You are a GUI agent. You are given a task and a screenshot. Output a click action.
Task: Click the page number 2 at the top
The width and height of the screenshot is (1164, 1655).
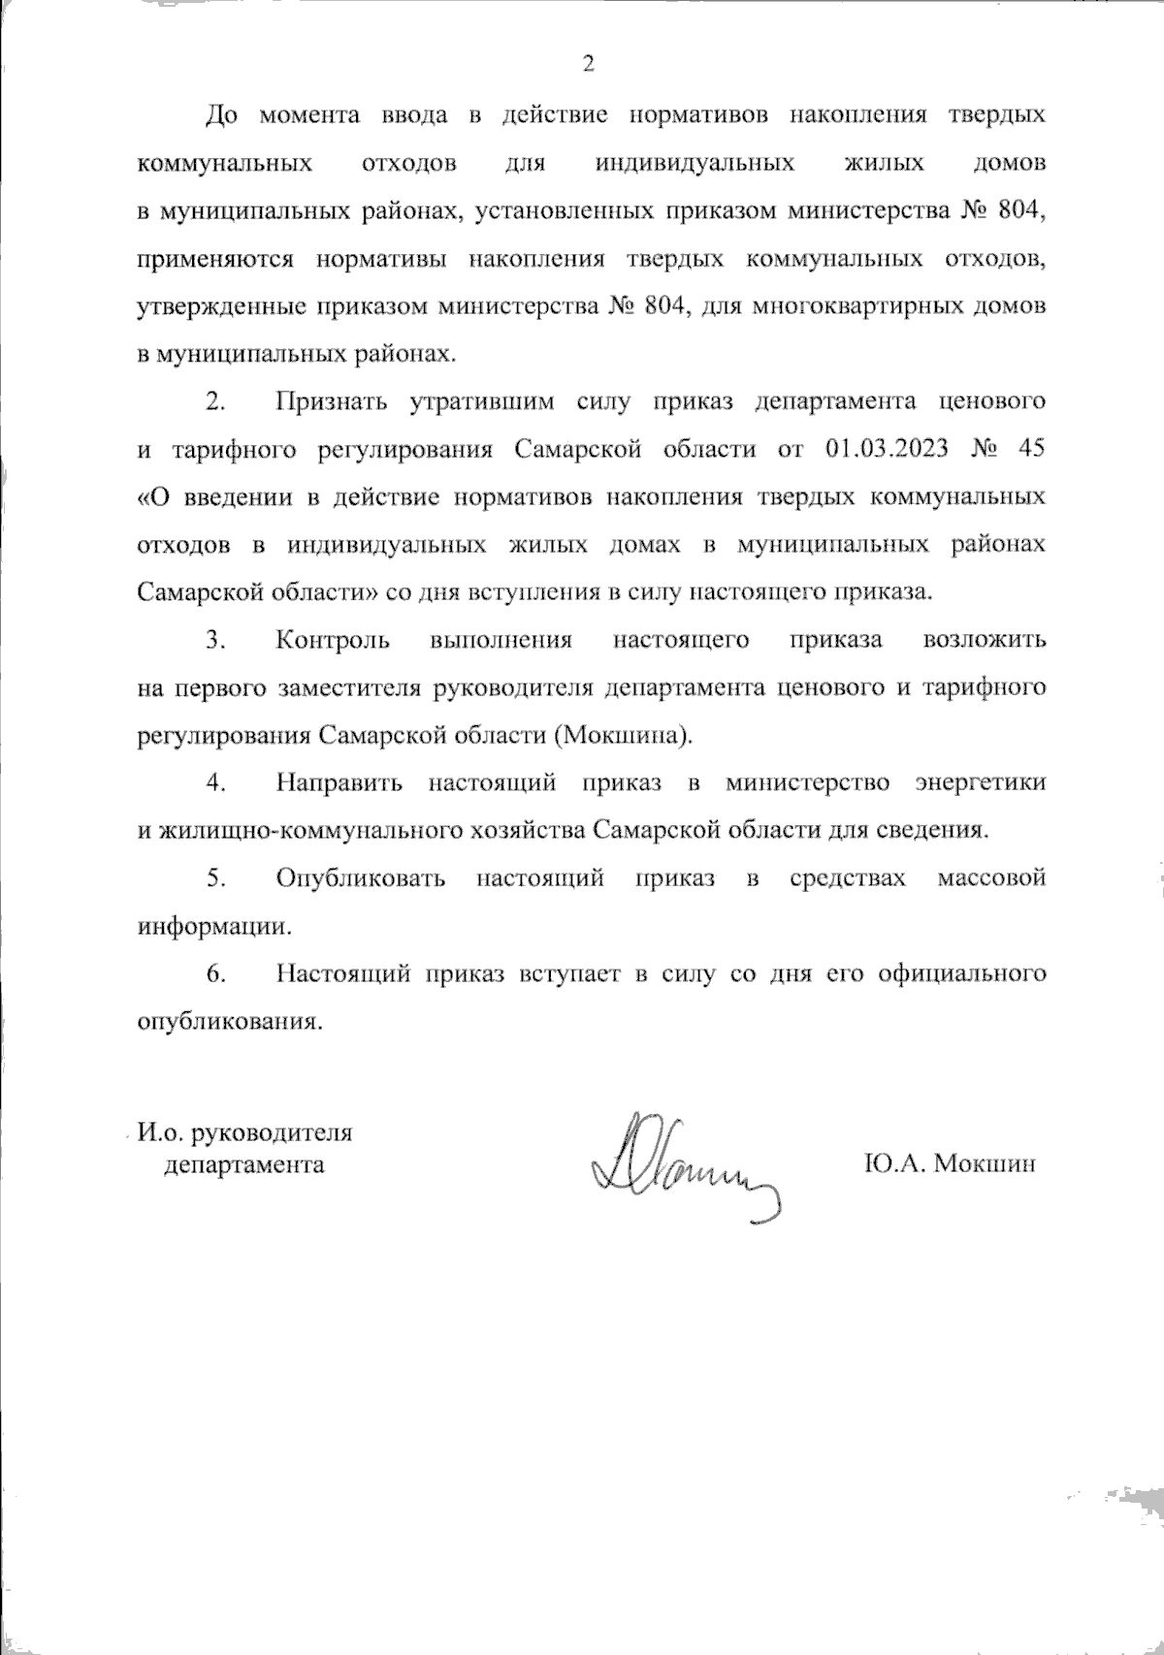[x=587, y=65]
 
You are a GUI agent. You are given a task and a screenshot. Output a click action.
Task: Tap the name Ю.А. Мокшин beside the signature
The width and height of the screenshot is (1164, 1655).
[x=948, y=1163]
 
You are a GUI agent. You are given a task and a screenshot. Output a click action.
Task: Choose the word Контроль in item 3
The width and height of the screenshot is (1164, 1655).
[x=333, y=640]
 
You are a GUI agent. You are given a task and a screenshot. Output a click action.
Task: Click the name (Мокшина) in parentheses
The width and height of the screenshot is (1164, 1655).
[x=624, y=735]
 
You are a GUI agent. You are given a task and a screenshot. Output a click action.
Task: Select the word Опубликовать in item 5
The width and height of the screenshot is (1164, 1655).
[x=361, y=878]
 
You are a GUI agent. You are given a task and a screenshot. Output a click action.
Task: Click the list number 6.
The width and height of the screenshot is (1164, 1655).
[x=215, y=973]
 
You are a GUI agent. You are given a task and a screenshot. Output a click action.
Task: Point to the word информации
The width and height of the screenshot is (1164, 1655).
[x=215, y=926]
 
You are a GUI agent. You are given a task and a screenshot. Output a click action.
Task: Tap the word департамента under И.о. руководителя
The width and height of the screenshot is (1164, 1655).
[x=244, y=1163]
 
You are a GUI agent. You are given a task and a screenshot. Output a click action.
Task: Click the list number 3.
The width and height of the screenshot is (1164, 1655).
[x=215, y=640]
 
